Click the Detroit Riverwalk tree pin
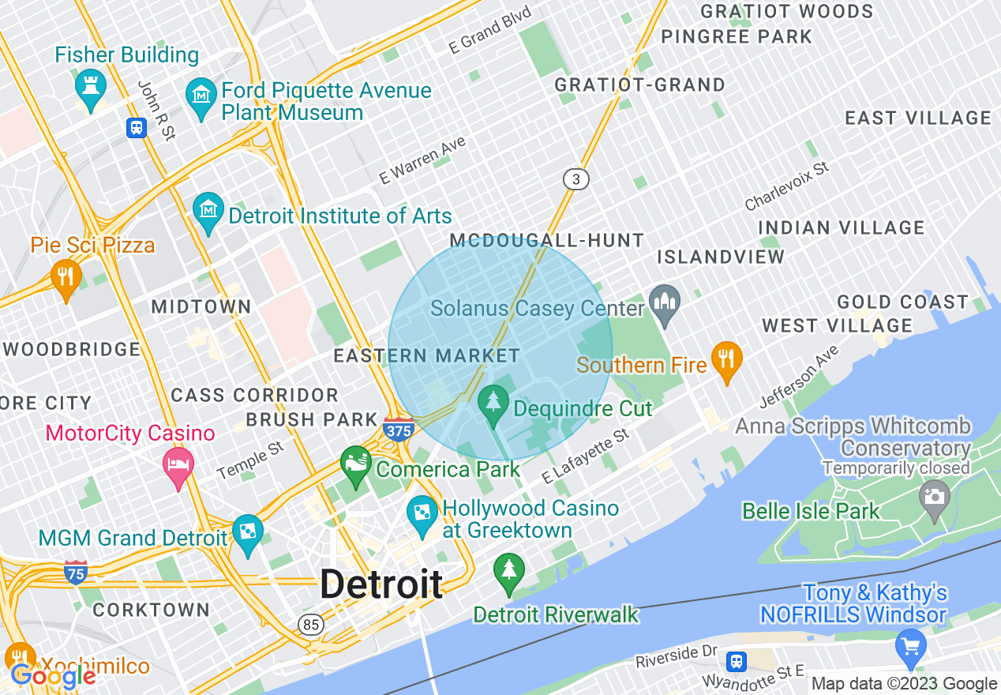coord(508,571)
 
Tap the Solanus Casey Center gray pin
coord(664,303)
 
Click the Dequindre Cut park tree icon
coord(495,403)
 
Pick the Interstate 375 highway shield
coord(399,429)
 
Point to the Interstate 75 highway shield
coord(75,572)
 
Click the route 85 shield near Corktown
coord(311,625)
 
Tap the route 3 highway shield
coord(576,179)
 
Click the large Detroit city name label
coord(381,585)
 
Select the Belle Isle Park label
coord(811,512)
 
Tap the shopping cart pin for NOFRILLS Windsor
coord(911,646)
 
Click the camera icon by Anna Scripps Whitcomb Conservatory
coord(935,498)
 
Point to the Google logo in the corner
coord(54,675)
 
